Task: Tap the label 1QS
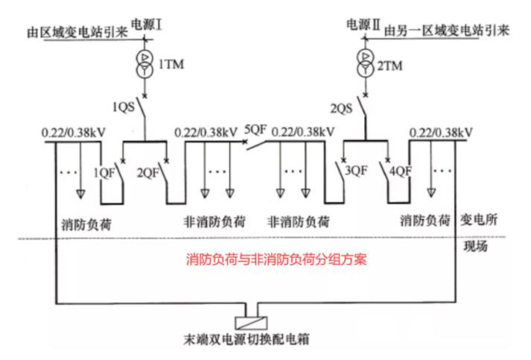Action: (x=124, y=106)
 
